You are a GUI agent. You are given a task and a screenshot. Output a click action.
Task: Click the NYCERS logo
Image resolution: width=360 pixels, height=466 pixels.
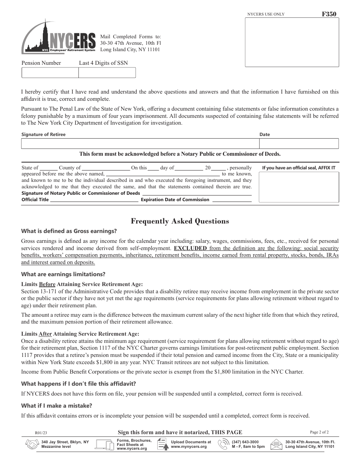pyautogui.click(x=59, y=38)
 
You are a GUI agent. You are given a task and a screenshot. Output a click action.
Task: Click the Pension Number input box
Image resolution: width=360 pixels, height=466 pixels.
pyautogui.click(x=50, y=72)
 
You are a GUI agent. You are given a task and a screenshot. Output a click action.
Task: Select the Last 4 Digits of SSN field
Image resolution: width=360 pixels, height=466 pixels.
pyautogui.click(x=106, y=72)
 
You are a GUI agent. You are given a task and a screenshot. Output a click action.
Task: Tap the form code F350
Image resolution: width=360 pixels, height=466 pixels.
pyautogui.click(x=329, y=14)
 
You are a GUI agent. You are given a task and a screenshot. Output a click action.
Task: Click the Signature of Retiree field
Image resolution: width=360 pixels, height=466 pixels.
pyautogui.click(x=139, y=144)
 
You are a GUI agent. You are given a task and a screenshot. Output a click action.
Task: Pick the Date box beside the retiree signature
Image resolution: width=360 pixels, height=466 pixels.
pyautogui.click(x=299, y=144)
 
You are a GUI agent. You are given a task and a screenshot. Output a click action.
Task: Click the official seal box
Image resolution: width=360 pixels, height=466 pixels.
pyautogui.click(x=299, y=187)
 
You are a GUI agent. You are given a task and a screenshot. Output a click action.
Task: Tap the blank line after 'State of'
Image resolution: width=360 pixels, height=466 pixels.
pyautogui.click(x=49, y=168)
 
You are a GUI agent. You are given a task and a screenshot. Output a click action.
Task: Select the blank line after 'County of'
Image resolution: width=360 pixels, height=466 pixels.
pyautogui.click(x=106, y=168)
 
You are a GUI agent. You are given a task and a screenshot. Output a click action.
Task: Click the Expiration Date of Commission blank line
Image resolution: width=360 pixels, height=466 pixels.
pyautogui.click(x=231, y=200)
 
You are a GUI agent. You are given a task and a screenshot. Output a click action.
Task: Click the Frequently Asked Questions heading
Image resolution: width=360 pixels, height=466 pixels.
pyautogui.click(x=180, y=221)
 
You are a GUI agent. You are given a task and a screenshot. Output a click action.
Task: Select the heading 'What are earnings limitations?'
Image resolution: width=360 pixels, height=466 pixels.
pyautogui.click(x=63, y=274)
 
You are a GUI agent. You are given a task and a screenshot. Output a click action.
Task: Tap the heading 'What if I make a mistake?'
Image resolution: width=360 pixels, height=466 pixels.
pyautogui.click(x=56, y=406)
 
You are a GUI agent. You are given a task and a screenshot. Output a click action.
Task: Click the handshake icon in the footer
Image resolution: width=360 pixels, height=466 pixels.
pyautogui.click(x=31, y=444)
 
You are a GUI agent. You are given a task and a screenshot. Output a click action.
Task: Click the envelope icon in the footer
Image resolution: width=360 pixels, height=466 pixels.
pyautogui.click(x=276, y=444)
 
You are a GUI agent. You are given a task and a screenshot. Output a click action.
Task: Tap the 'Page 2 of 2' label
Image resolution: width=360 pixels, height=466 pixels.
pyautogui.click(x=319, y=432)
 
